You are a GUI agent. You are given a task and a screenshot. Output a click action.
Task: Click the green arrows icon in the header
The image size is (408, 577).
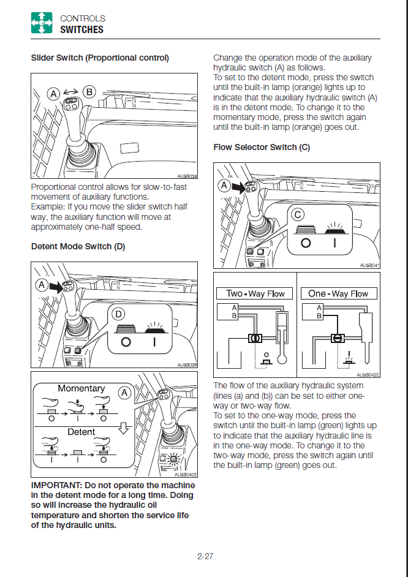click(42, 24)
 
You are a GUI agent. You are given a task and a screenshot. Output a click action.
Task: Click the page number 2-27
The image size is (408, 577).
click(205, 556)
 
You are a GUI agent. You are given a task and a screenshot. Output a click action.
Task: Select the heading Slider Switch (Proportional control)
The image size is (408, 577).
click(100, 58)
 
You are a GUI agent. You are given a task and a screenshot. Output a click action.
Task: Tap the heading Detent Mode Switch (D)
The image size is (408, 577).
click(78, 246)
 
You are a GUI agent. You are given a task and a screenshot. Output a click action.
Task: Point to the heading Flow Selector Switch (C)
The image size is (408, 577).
click(262, 147)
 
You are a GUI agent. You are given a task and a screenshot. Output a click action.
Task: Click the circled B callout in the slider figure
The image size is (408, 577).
click(89, 92)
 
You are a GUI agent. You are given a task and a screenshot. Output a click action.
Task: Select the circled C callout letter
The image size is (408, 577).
click(298, 214)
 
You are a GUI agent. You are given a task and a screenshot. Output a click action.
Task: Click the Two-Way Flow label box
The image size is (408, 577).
click(255, 293)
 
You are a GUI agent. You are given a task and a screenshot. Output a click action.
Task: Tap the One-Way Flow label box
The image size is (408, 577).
click(338, 293)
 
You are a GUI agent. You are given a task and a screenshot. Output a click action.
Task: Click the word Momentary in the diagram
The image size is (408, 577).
click(81, 388)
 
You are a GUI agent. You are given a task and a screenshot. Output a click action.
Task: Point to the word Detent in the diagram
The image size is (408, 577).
click(81, 432)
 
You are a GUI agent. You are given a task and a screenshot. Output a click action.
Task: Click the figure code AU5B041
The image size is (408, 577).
click(369, 265)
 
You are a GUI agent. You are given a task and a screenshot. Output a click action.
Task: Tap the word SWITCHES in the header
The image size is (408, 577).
click(81, 29)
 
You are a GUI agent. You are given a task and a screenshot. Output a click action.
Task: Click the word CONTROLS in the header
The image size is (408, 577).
click(83, 18)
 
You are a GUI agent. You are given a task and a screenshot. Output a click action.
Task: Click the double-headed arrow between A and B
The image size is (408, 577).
click(72, 90)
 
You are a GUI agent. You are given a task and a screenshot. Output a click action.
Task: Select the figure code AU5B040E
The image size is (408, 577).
click(186, 474)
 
